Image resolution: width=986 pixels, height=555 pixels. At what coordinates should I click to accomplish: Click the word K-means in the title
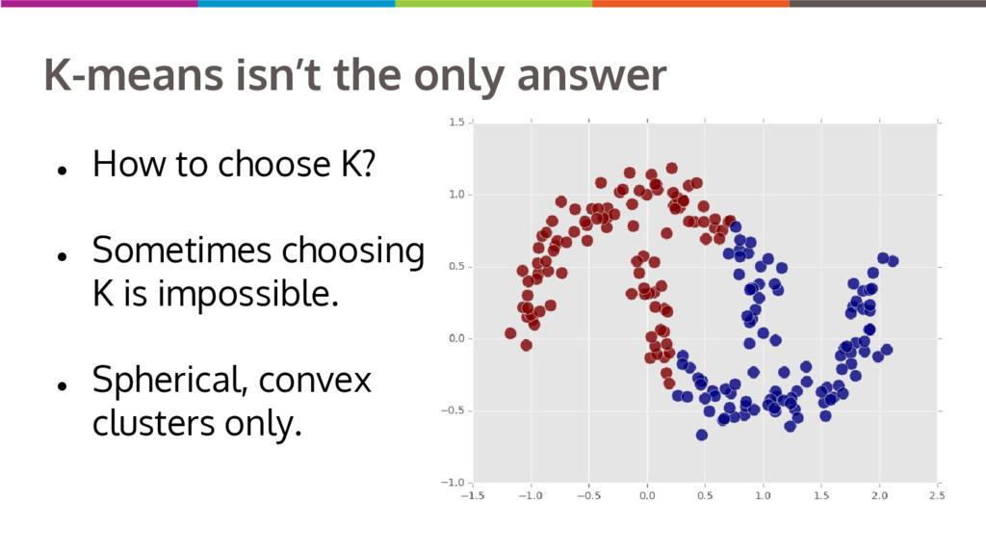point(134,75)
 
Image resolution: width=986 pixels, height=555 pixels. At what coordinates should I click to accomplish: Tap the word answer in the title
point(591,76)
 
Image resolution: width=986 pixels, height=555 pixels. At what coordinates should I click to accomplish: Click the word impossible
point(248,293)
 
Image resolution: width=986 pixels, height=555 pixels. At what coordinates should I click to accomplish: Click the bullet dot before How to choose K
point(62,170)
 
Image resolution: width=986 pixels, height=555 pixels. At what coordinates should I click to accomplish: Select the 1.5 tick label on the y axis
point(456,122)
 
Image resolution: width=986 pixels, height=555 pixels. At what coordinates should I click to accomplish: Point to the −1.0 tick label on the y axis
point(453,483)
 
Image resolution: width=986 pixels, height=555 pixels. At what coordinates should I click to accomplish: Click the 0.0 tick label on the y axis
point(456,338)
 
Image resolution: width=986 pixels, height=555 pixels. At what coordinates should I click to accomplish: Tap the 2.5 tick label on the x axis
point(936,496)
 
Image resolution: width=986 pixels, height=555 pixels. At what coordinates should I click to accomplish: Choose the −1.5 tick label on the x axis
point(472,496)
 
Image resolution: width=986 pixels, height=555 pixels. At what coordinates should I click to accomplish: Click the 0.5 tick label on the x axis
point(705,496)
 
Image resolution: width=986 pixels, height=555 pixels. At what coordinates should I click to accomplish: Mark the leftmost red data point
point(510,333)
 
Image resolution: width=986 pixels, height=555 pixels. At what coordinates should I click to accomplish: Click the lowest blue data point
point(702,435)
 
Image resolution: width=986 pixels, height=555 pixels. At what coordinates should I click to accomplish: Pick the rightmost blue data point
point(893,261)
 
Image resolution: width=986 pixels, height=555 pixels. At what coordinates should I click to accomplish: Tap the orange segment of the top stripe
point(690,3)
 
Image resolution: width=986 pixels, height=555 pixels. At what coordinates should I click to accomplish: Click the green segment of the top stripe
point(494,3)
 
